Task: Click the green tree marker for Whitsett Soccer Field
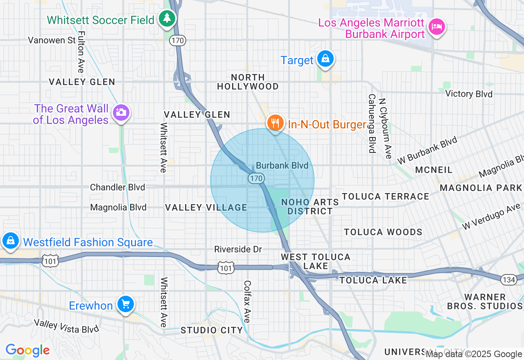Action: (167, 18)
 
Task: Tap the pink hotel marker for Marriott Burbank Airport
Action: (436, 27)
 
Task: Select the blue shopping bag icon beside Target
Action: (325, 59)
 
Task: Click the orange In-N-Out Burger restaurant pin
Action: (275, 122)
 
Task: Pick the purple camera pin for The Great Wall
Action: (121, 112)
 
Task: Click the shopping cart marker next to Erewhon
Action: (125, 304)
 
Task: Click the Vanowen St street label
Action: (52, 40)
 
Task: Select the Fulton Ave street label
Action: (81, 52)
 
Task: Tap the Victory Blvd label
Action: (469, 94)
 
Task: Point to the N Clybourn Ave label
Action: (385, 128)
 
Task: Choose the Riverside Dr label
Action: (238, 249)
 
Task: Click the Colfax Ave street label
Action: (247, 301)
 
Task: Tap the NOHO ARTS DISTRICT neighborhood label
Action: (310, 207)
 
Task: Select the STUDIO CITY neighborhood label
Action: (212, 330)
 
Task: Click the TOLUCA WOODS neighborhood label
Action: (383, 232)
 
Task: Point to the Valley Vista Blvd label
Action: (66, 326)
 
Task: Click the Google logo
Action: (27, 350)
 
